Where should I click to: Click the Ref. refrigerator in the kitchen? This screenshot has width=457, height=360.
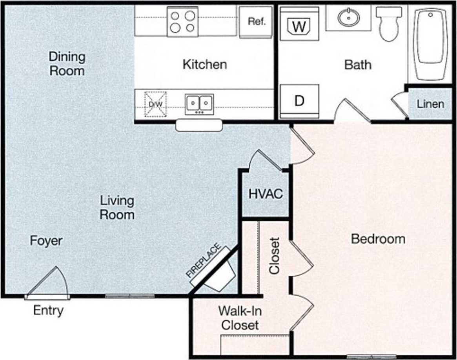coord(256,22)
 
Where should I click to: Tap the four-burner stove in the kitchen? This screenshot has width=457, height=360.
coord(183,22)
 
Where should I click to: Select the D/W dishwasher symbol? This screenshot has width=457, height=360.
coord(155,104)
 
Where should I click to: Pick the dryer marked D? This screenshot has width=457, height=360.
coord(299,101)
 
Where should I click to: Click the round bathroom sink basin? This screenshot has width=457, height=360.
coord(348,17)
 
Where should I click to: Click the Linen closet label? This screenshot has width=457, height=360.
coord(430,104)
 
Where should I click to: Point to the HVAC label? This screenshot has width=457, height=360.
coord(266,194)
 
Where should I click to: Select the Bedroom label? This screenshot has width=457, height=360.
coord(378,239)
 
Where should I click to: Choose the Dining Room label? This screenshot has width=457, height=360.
coord(67,64)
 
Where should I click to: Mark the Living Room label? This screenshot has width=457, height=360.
coord(117,208)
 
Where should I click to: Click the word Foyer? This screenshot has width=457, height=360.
coord(46,240)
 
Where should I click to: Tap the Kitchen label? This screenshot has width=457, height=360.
coord(204,64)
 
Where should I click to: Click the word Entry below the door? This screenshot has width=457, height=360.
coord(48,311)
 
